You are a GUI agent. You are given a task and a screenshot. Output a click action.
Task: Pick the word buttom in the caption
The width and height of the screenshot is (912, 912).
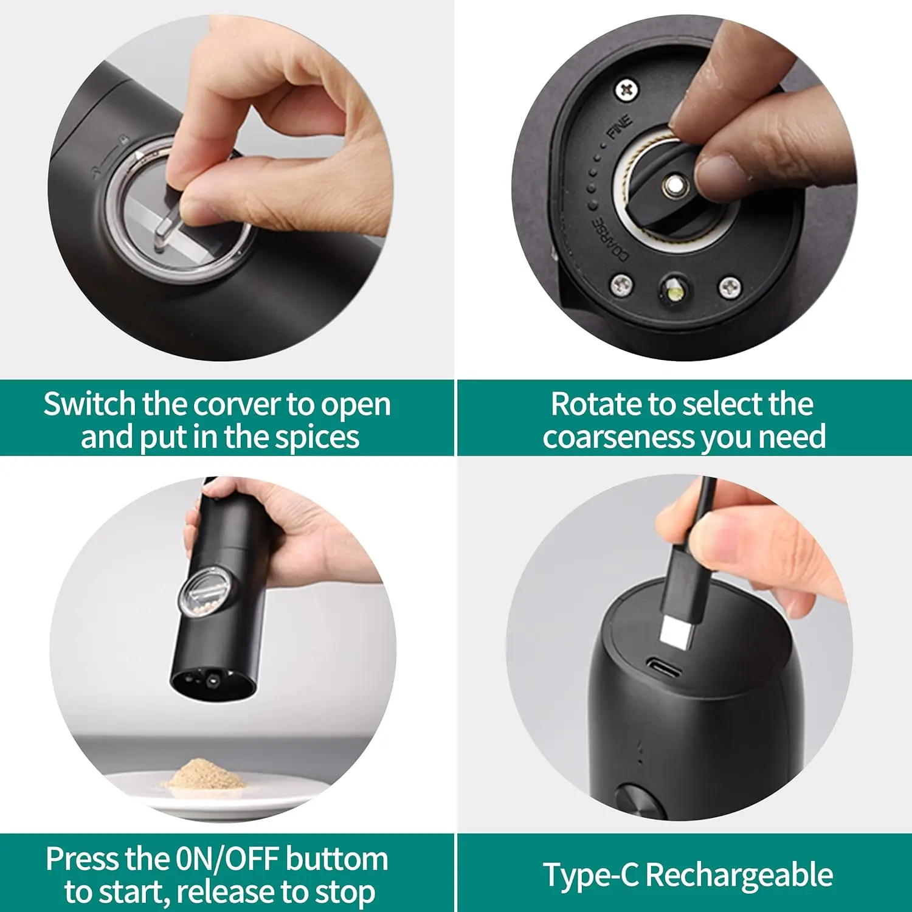(x=337, y=859)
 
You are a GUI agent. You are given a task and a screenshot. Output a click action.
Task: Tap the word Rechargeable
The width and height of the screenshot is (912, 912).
(x=739, y=876)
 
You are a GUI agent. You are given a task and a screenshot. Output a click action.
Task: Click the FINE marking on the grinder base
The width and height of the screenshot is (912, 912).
(x=620, y=126)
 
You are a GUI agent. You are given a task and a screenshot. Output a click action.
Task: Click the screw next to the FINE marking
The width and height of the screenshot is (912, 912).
(x=627, y=90)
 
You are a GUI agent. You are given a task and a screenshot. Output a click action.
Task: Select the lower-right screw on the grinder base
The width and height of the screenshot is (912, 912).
(x=730, y=287)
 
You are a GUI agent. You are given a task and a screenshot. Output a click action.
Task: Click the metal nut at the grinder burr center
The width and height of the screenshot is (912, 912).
(x=673, y=185)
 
